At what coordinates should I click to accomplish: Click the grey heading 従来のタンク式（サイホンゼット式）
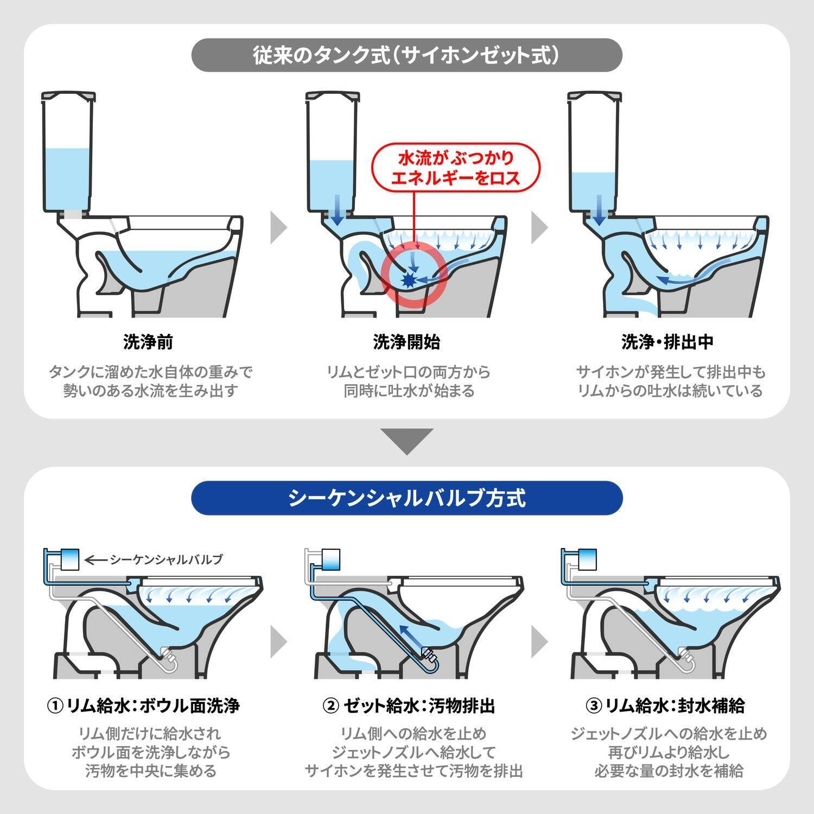[406, 55]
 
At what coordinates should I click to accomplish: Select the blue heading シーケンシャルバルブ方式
[406, 498]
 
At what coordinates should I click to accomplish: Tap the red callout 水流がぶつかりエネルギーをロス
[456, 168]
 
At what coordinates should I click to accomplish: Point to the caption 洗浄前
[148, 342]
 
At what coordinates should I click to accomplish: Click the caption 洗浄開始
[406, 342]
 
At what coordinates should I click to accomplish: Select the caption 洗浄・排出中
[667, 342]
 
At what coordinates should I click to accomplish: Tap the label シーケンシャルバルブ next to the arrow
[166, 559]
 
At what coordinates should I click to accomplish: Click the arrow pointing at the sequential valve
[97, 559]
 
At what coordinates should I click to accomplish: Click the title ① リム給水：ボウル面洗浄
[143, 706]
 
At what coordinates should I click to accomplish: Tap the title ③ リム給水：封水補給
[665, 706]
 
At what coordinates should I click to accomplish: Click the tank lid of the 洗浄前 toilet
[69, 97]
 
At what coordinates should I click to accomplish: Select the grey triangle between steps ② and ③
[539, 641]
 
